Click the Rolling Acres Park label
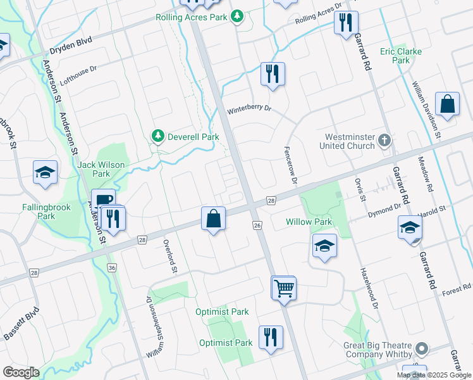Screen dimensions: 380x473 (x=192, y=17)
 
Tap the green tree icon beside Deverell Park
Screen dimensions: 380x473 (x=157, y=136)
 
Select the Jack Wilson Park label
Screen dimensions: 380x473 (x=102, y=169)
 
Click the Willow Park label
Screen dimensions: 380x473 (x=309, y=222)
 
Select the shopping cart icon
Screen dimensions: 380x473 (x=284, y=288)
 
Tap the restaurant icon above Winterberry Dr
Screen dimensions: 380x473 (x=273, y=73)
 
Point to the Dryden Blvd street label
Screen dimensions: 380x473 (x=72, y=42)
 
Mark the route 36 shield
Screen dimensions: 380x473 (x=113, y=268)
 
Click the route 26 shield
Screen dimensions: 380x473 (x=257, y=225)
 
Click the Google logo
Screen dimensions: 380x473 (x=21, y=372)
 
